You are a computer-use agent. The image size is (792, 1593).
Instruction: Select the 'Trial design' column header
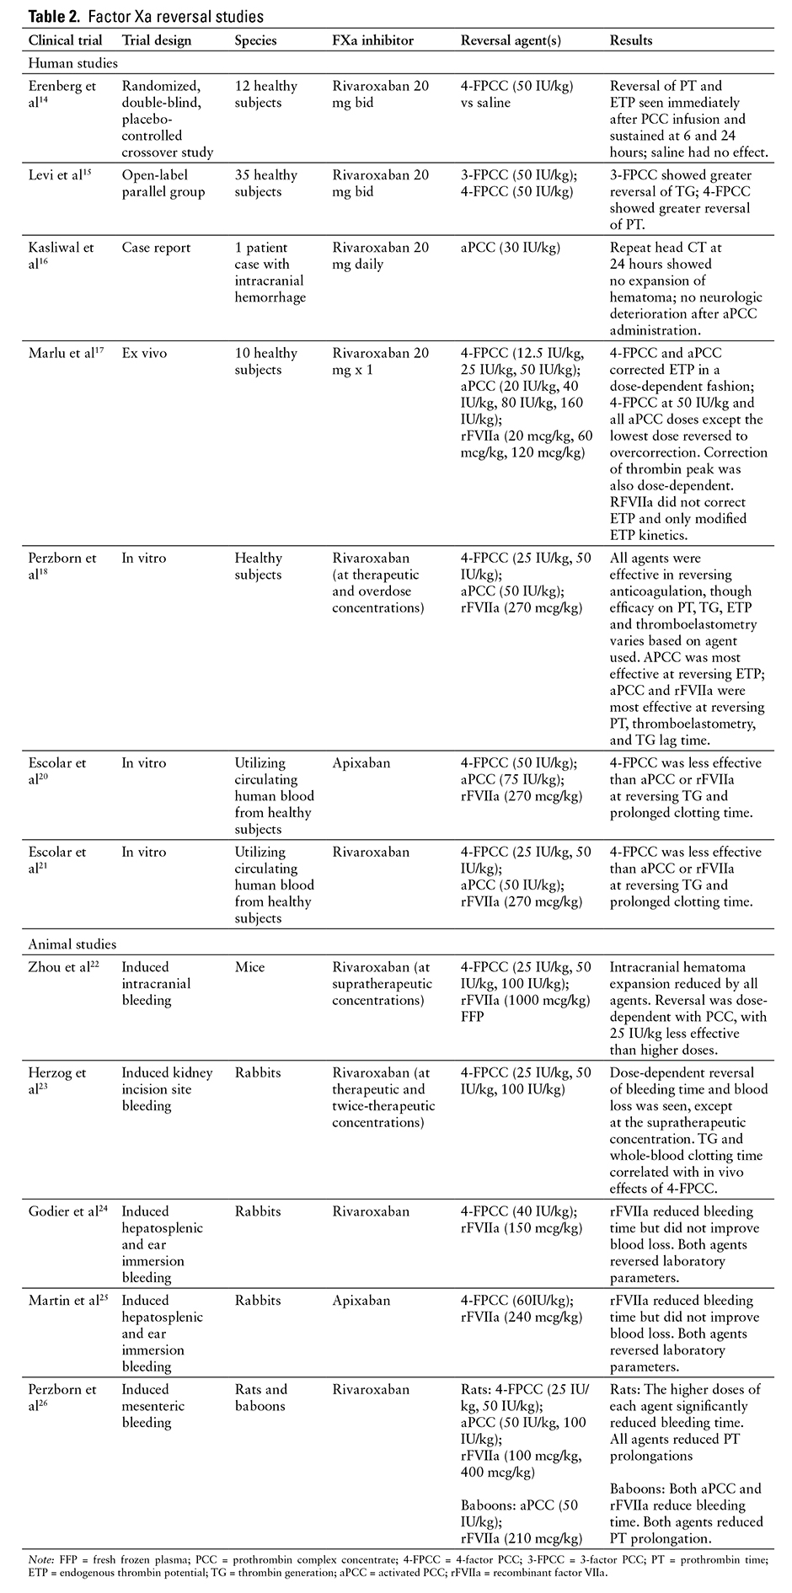157,40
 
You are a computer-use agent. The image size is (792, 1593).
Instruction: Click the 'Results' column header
631,40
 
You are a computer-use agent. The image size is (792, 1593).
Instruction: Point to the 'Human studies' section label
72,63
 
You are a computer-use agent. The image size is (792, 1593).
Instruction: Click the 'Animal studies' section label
72,944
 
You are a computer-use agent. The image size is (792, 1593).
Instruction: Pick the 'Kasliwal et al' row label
61,256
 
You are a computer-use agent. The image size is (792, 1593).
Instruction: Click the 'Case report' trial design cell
157,248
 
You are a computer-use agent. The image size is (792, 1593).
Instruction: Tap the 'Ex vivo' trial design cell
145,353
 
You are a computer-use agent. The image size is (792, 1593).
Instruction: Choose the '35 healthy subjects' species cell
266,184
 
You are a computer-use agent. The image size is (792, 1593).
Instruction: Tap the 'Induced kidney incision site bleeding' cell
167,1089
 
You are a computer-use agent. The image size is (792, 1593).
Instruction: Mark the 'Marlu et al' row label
66,353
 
